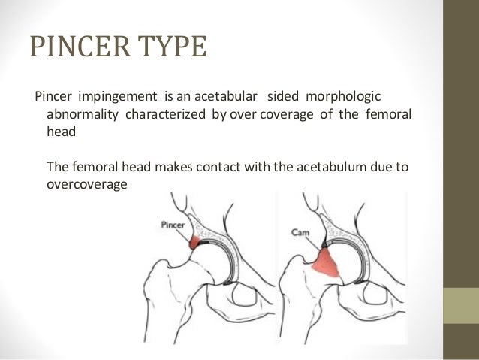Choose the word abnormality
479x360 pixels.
click(x=83, y=116)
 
